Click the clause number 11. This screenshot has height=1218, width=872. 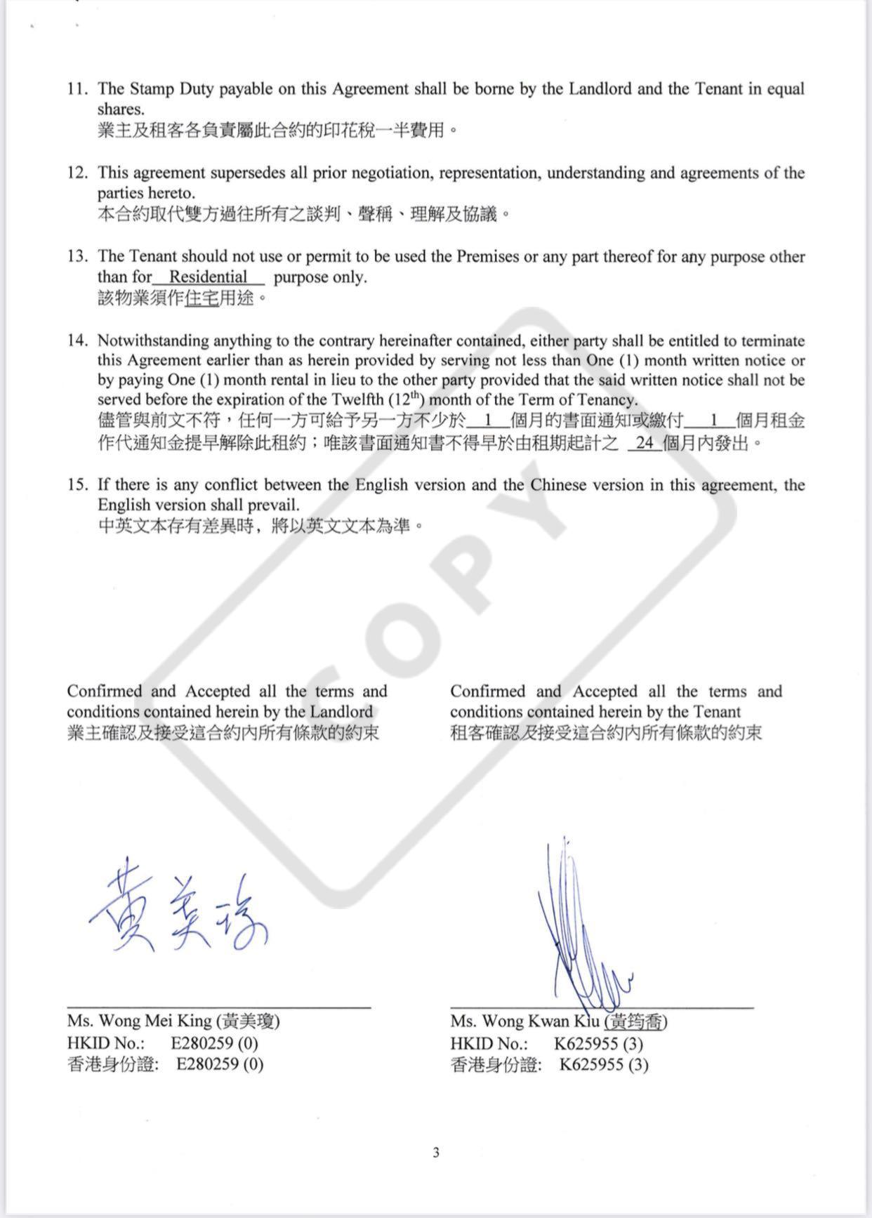tap(77, 89)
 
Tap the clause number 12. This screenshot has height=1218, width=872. tap(77, 173)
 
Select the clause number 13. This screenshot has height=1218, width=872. tap(77, 257)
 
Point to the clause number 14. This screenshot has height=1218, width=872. tap(77, 341)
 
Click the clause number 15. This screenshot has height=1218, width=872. tap(77, 485)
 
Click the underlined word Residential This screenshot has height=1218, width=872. tap(209, 277)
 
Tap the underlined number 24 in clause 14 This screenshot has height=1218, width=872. tap(645, 443)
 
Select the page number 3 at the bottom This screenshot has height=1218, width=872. tap(436, 1152)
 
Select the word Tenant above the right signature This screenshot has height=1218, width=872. tap(716, 711)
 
